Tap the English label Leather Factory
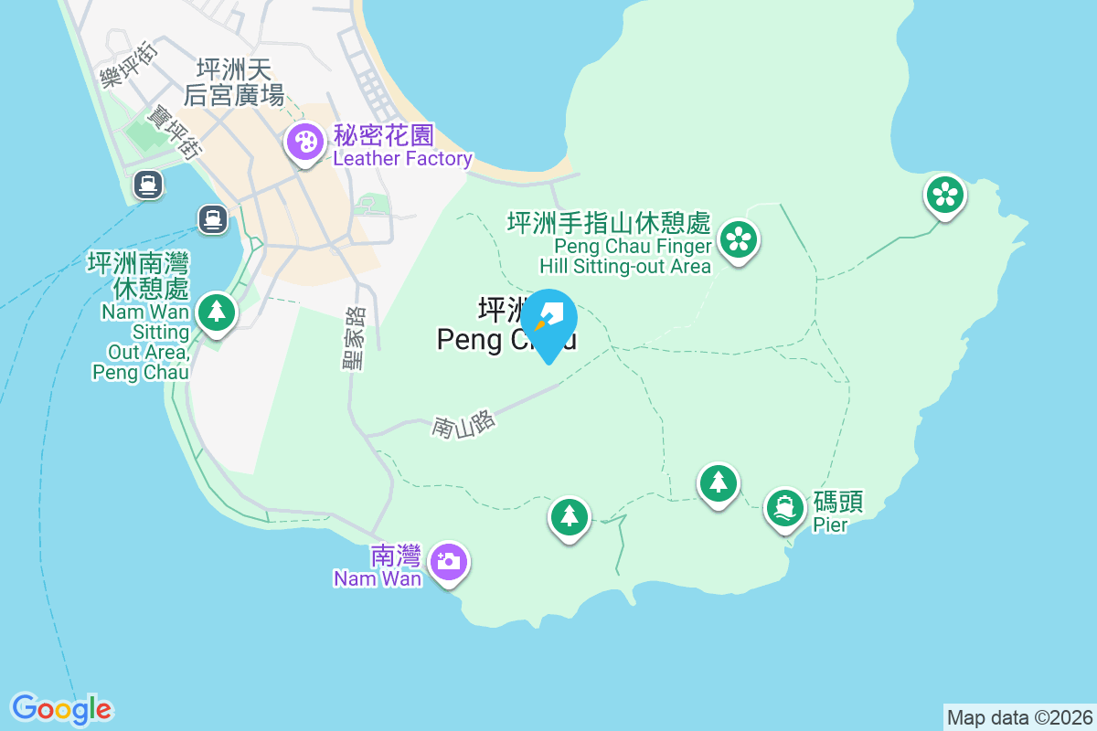tap(402, 159)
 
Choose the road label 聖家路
tap(353, 338)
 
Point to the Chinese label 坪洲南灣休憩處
tap(138, 276)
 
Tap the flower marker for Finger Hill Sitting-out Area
tap(737, 240)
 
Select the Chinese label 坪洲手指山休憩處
tap(609, 222)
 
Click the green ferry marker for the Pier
tap(785, 506)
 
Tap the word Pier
tap(830, 524)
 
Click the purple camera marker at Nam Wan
tap(448, 560)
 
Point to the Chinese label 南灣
tap(396, 556)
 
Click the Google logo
tap(61, 708)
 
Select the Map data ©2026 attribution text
tap(1019, 717)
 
